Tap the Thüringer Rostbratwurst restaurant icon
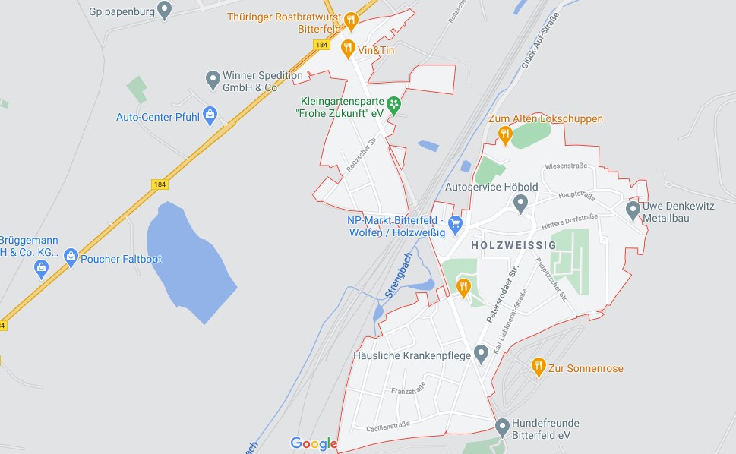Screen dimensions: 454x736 [351, 20]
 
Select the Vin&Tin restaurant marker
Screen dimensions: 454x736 [348, 49]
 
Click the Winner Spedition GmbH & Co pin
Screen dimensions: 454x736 [213, 77]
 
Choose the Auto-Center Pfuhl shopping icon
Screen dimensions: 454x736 [210, 115]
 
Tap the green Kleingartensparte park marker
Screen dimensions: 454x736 [393, 104]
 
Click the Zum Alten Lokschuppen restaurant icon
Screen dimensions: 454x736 [505, 134]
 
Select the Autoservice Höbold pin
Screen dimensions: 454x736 [520, 203]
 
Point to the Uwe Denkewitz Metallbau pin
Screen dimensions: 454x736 [633, 209]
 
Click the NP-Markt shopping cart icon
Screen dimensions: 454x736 [455, 222]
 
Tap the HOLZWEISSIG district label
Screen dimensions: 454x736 [513, 246]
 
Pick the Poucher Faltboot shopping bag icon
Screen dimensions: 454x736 [71, 257]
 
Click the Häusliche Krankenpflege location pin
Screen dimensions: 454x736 [481, 353]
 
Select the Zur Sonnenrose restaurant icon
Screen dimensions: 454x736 [539, 367]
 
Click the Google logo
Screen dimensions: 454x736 [314, 443]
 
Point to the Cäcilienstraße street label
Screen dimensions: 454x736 [388, 427]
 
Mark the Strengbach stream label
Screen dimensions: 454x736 [397, 274]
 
